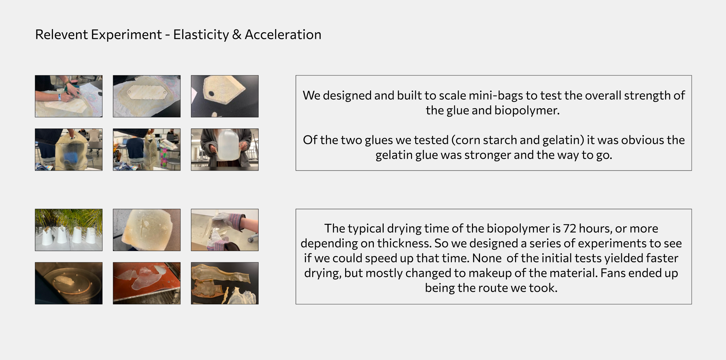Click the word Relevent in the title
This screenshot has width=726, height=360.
(x=61, y=35)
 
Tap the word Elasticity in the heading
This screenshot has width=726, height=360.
(x=201, y=35)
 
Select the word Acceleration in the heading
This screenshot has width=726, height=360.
(x=283, y=35)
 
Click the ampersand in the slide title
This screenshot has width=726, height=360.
(x=237, y=35)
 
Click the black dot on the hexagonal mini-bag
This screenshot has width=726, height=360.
(x=211, y=94)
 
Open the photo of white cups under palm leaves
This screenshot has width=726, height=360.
(x=69, y=230)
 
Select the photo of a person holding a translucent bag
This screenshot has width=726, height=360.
(x=225, y=150)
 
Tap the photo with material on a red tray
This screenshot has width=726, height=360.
(x=146, y=283)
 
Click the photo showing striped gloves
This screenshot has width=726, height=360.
(x=225, y=230)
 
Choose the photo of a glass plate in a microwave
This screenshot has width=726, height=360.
(x=69, y=283)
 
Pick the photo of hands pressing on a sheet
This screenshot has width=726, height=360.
(x=69, y=96)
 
